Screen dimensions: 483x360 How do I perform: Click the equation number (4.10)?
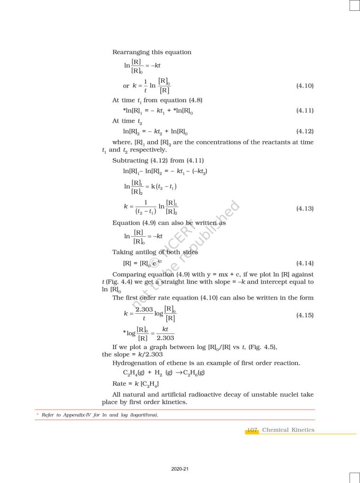point(304,86)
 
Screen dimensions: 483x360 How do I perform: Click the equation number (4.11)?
point(304,110)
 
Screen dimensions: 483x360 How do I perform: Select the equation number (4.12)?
point(304,131)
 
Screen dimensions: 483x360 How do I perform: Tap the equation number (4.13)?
point(304,208)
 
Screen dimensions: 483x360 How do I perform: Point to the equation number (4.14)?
point(304,263)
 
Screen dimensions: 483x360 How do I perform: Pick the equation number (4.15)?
point(304,315)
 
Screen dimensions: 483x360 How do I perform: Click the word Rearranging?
point(131,52)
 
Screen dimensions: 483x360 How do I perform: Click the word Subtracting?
point(130,160)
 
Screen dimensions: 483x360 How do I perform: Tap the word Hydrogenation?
point(136,363)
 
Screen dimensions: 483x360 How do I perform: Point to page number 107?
point(252,430)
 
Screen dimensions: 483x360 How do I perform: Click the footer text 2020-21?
point(180,469)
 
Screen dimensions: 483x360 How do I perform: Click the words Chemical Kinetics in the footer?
point(288,430)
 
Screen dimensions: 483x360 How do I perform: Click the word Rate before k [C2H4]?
point(120,383)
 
